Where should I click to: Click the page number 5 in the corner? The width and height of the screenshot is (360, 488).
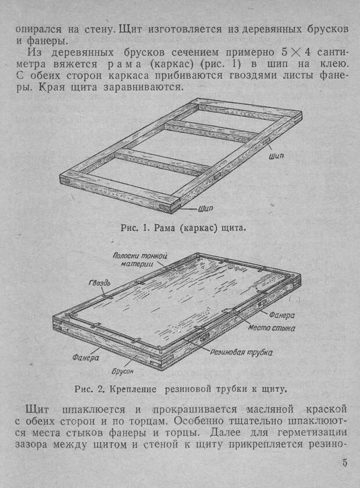tap(344, 463)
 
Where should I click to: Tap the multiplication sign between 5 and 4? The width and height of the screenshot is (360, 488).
tap(296, 52)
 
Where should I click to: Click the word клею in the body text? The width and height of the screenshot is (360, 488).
tap(333, 64)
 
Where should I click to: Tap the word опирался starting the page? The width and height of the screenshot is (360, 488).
tap(38, 30)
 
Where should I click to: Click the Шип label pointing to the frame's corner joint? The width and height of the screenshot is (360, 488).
tap(206, 209)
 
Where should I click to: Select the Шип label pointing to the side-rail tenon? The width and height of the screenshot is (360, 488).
tap(276, 156)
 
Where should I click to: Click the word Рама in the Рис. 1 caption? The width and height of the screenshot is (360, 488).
tap(164, 228)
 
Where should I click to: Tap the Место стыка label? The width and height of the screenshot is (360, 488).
tap(271, 328)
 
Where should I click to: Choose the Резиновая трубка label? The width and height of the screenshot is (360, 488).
tap(241, 353)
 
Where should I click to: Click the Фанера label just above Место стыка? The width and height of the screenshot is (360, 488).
tap(282, 315)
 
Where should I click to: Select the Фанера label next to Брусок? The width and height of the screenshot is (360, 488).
tap(86, 358)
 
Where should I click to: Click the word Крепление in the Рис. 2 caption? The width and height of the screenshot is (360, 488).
tap(133, 389)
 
